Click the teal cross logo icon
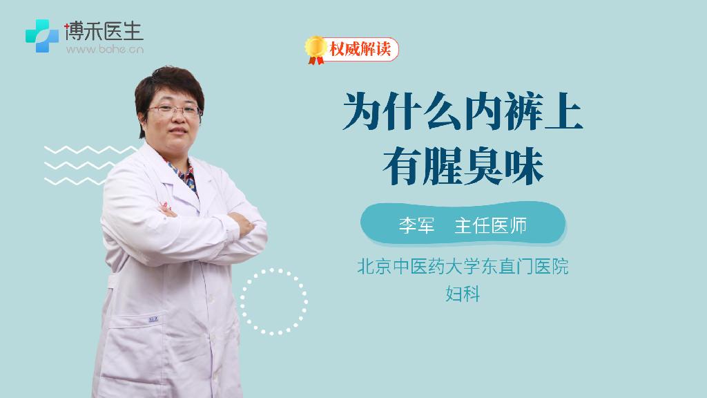[x=42, y=36]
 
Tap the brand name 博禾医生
[x=104, y=31]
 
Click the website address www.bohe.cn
[x=105, y=49]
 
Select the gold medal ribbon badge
[x=316, y=50]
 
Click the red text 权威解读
[x=360, y=49]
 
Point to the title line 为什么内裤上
[x=463, y=111]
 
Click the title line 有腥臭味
[x=463, y=166]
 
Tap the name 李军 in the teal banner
[x=416, y=225]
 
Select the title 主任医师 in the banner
[x=491, y=225]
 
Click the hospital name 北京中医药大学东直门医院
[x=463, y=266]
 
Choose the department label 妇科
[x=463, y=294]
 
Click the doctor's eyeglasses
[x=174, y=110]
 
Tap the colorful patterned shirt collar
[x=186, y=176]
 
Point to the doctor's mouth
[x=177, y=131]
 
